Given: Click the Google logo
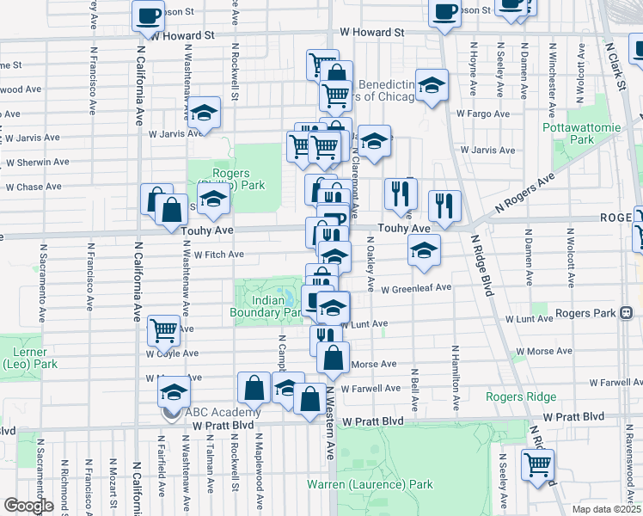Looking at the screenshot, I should (x=28, y=506).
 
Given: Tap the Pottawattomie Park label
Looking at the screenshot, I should (x=568, y=133).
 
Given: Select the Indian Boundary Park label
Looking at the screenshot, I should (x=268, y=307).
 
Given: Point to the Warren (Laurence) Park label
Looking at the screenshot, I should (x=370, y=484).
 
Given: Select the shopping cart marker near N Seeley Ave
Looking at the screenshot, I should (x=538, y=464).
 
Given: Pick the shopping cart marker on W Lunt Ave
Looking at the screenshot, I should (x=163, y=329).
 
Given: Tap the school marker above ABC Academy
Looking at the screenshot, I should (x=174, y=392).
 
